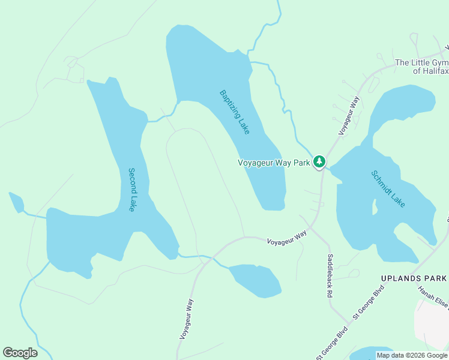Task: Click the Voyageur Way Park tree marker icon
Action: click(x=319, y=161)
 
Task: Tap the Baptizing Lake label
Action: click(x=234, y=112)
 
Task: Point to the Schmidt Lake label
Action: click(x=388, y=188)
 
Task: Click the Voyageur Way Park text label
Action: click(x=274, y=162)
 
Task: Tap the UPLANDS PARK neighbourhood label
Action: click(x=414, y=278)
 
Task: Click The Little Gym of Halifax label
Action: click(x=421, y=67)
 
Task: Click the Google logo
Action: click(x=20, y=352)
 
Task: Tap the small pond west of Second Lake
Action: click(x=16, y=203)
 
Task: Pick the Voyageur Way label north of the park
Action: click(x=349, y=115)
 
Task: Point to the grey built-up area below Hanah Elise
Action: click(x=432, y=324)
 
